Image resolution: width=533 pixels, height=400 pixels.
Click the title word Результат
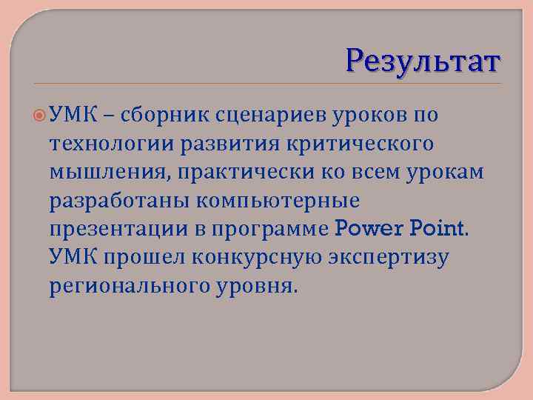tap(423, 62)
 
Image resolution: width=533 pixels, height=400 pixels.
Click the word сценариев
tap(263, 115)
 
